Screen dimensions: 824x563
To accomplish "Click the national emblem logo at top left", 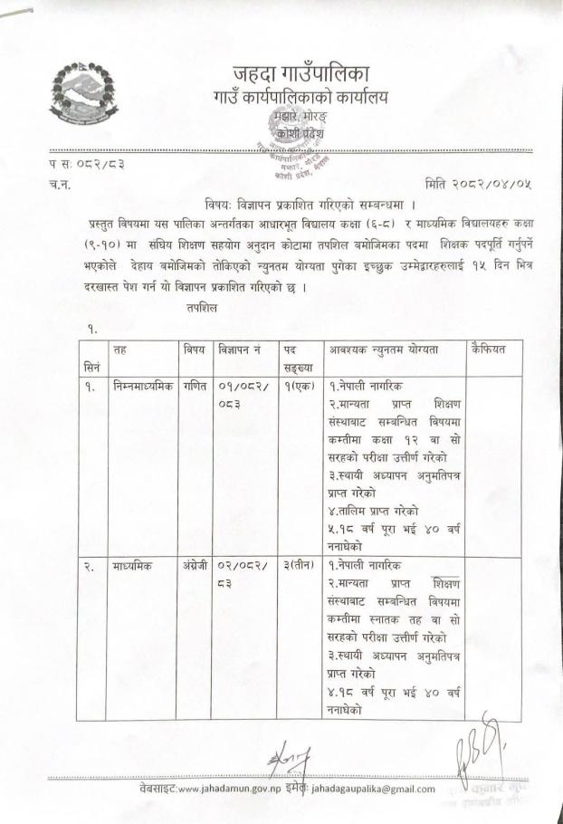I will click(82, 93).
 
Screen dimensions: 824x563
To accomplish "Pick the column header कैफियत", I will click(489, 349).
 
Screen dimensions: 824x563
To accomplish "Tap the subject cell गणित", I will click(194, 385).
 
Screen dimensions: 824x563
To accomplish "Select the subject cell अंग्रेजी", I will click(196, 566).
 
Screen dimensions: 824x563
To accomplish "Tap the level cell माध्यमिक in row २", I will click(133, 566).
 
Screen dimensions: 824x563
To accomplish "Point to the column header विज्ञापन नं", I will click(240, 349).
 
